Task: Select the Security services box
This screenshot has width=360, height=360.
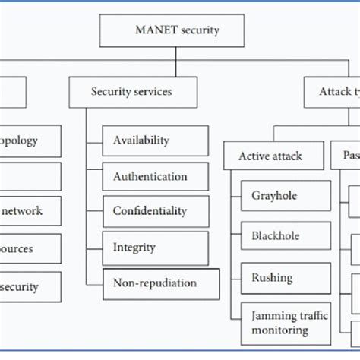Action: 131,92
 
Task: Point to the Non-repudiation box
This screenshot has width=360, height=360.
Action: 160,283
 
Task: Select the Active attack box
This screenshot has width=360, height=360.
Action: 270,156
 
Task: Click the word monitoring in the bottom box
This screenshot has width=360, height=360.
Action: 279,330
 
